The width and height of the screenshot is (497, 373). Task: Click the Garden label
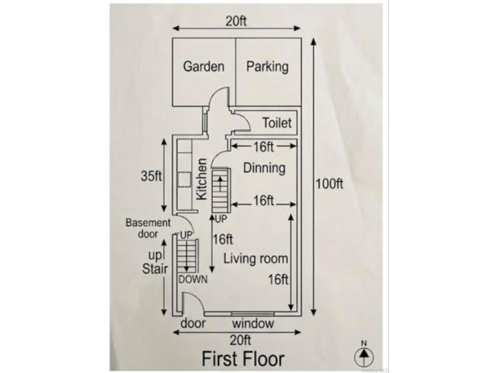(x=203, y=67)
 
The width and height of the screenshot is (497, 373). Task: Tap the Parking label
(x=267, y=67)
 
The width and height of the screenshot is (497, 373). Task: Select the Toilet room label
(x=276, y=123)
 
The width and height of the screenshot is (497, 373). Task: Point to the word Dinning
(x=264, y=168)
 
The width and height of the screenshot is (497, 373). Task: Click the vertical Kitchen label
(x=202, y=179)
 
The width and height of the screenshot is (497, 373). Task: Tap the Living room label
(x=255, y=259)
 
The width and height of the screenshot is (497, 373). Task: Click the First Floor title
(x=243, y=359)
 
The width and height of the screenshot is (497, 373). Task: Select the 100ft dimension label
(x=329, y=184)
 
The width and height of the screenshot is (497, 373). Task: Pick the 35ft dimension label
(x=151, y=176)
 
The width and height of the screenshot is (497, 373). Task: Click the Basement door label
(x=148, y=228)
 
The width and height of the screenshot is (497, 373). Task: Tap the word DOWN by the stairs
(x=193, y=280)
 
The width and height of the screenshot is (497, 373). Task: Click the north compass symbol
(x=364, y=354)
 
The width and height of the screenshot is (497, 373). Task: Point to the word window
(x=253, y=323)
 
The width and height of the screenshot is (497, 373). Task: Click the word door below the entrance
(x=193, y=323)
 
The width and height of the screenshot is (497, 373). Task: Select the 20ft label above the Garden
(x=236, y=21)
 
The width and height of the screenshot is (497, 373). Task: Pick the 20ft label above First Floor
(x=241, y=340)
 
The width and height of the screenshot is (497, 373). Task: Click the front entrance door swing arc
(x=199, y=298)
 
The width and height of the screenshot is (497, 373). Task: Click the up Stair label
(x=155, y=263)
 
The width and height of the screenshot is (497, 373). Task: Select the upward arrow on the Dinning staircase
(x=220, y=183)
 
